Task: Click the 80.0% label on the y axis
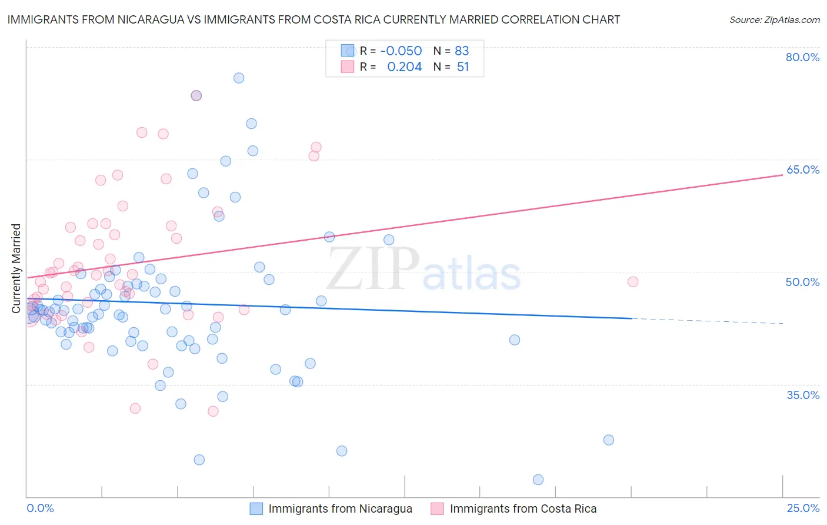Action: [x=802, y=57]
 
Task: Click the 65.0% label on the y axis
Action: [x=802, y=170]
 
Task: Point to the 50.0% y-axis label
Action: [x=802, y=282]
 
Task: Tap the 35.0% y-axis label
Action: [x=802, y=394]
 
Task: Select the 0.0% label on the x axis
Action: [x=40, y=508]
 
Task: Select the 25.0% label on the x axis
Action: [x=802, y=508]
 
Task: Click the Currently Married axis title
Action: [x=16, y=268]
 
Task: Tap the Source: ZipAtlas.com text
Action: [x=774, y=19]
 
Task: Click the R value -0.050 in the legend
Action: [x=401, y=51]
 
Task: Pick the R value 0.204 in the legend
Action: [x=404, y=67]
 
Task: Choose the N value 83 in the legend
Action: [x=462, y=51]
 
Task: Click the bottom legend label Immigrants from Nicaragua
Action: [x=340, y=509]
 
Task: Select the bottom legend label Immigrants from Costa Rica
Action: [x=523, y=509]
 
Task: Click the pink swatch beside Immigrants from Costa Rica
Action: [x=437, y=509]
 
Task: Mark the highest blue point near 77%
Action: [x=239, y=78]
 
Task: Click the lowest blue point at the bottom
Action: [x=538, y=480]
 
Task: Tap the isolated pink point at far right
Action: [x=633, y=281]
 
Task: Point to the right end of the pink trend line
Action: [x=782, y=175]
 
